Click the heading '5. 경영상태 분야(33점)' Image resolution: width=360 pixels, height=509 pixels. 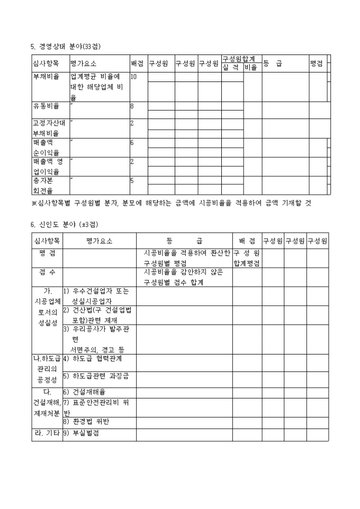(66, 47)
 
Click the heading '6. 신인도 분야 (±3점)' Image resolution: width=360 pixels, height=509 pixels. (64, 224)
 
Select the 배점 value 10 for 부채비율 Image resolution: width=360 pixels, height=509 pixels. (134, 77)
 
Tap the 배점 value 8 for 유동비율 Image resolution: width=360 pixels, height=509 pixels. (132, 106)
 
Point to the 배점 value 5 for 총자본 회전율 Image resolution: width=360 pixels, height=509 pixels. (132, 180)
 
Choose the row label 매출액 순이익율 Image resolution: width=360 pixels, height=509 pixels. (46, 147)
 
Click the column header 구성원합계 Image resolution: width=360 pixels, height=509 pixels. (239, 59)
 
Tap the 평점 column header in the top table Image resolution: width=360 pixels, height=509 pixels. (317, 63)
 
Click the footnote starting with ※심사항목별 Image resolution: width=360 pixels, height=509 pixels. (171, 203)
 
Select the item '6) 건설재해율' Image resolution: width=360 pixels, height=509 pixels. (85, 392)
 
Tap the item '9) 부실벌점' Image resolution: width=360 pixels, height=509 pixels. (82, 432)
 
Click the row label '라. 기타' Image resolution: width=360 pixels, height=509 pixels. (47, 432)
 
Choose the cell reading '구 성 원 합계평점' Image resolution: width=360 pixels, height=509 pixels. (246, 258)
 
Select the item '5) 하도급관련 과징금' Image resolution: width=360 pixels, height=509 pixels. (97, 376)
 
